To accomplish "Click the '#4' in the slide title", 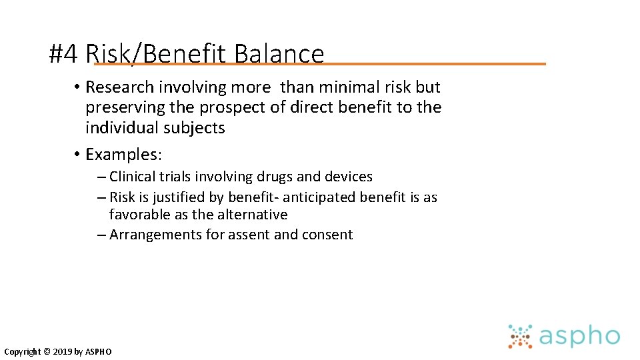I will pyautogui.click(x=65, y=53).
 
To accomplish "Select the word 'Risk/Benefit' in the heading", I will pyautogui.click(x=157, y=53).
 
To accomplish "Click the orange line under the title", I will pyautogui.click(x=433, y=64).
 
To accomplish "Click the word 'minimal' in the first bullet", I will pyautogui.click(x=341, y=87).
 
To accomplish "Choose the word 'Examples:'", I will pyautogui.click(x=124, y=155).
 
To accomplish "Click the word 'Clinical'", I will pyautogui.click(x=131, y=177).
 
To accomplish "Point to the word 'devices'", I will pyautogui.click(x=348, y=177).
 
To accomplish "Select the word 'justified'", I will pyautogui.click(x=177, y=197).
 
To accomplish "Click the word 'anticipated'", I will pyautogui.click(x=319, y=197).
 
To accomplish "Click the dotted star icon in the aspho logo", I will pyautogui.click(x=520, y=336).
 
